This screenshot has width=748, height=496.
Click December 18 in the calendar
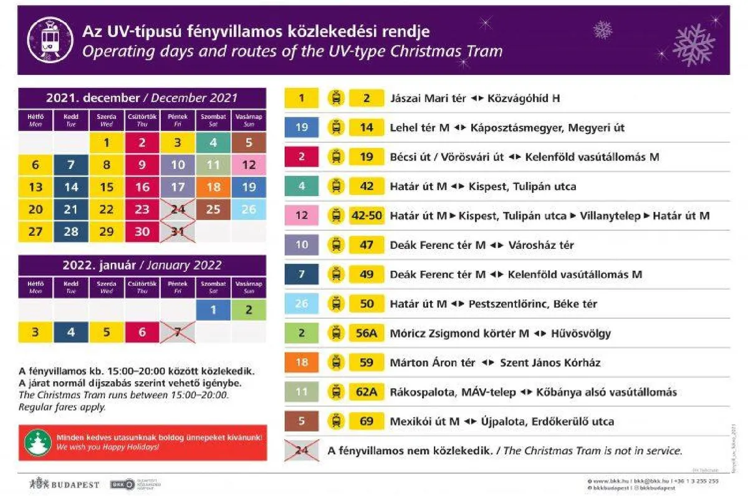click(x=213, y=187)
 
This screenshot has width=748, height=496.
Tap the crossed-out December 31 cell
click(x=178, y=231)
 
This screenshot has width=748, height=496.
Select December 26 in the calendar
click(x=249, y=209)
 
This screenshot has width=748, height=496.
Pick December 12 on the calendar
click(x=249, y=165)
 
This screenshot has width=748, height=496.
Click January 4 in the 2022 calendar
click(x=71, y=332)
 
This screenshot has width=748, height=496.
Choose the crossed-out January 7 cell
click(x=178, y=332)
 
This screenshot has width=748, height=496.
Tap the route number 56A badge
click(x=367, y=333)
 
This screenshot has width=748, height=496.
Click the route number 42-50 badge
click(x=367, y=216)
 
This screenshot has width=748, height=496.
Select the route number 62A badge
click(x=367, y=392)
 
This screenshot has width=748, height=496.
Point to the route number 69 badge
click(x=367, y=421)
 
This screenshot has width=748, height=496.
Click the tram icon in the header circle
click(x=50, y=41)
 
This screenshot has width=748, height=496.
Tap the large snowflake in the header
click(x=694, y=44)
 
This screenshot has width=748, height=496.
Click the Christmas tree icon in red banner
click(x=38, y=442)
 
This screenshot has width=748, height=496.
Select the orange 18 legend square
click(x=302, y=362)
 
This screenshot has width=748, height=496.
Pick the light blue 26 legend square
click(x=302, y=304)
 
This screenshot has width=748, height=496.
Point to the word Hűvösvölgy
click(x=581, y=333)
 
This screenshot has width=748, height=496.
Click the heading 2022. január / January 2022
click(x=142, y=265)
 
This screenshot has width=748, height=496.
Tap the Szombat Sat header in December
click(x=213, y=120)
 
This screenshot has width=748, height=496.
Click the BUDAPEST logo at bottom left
click(x=64, y=484)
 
